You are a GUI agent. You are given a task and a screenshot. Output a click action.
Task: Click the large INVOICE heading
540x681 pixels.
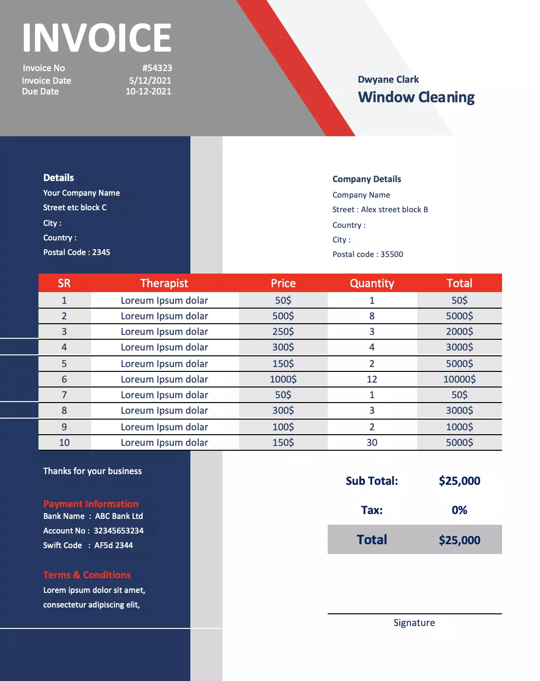pos(96,37)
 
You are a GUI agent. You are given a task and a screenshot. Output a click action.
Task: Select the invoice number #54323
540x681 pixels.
pos(157,68)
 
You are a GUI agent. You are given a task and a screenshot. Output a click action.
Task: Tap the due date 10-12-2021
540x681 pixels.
pos(148,92)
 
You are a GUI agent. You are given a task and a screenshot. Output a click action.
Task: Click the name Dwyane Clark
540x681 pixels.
pos(388,79)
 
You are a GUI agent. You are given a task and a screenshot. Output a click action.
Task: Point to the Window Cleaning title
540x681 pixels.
pos(416,97)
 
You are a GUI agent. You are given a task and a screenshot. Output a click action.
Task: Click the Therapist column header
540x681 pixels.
pos(164,283)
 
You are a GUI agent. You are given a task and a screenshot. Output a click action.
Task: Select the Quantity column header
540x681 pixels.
pos(372,283)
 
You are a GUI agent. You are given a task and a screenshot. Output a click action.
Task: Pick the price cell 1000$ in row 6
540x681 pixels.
pos(283,379)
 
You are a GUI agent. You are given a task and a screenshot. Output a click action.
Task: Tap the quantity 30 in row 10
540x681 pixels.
pos(372,442)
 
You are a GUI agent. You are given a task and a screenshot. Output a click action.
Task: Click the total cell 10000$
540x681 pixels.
pos(459,379)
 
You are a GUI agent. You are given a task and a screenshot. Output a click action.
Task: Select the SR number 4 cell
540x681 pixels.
pos(64,347)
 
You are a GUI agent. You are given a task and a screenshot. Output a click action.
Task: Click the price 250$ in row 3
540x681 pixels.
pos(283,331)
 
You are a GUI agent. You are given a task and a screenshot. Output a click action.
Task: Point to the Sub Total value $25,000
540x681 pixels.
pos(459,481)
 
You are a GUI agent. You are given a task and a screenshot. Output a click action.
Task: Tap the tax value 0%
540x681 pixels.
pos(459,510)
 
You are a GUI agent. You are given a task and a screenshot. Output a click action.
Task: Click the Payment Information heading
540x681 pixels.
pos(91,504)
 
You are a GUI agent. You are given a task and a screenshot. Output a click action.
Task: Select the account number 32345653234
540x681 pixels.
pos(118,531)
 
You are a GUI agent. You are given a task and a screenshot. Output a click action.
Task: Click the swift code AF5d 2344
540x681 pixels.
pos(113,545)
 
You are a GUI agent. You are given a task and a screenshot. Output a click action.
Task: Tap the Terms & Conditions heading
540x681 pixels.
pos(87,575)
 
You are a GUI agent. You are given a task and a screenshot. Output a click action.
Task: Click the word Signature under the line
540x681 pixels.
pos(414,623)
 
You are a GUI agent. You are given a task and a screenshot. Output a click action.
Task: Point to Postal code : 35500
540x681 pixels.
pos(368,254)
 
